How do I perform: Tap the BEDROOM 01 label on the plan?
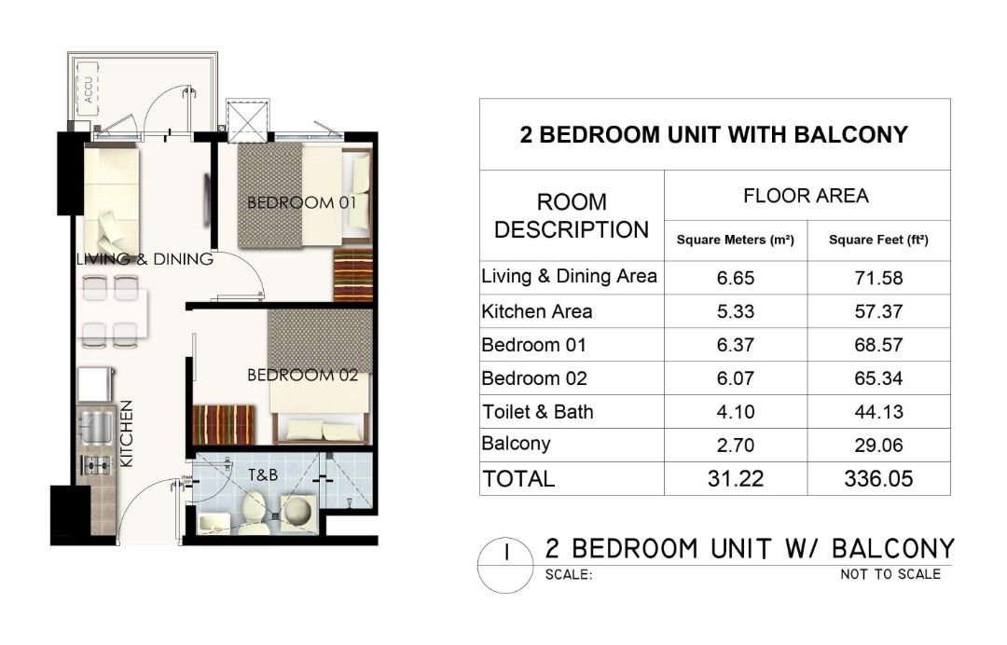point(301,203)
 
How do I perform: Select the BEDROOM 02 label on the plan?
point(302,375)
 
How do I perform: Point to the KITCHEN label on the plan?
point(127,433)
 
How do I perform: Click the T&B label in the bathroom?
point(263,475)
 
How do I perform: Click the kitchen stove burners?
point(96,463)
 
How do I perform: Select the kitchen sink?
point(96,428)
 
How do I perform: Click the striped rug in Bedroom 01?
point(352,275)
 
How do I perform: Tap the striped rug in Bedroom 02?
point(224,423)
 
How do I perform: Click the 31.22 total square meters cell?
point(736,479)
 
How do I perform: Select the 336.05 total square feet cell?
point(878,479)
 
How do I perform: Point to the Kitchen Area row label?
point(537,312)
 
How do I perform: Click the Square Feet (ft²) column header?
point(878,240)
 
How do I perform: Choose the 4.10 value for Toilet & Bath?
point(736,412)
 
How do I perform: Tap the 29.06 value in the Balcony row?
point(878,446)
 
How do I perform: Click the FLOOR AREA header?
point(806,196)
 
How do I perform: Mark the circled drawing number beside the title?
point(506,565)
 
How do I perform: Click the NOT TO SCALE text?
point(890,574)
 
